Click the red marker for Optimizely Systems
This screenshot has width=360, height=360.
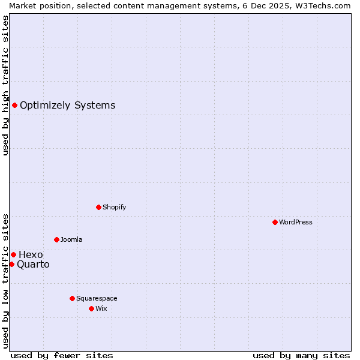coord(14,106)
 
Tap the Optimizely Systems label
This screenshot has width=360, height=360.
coord(67,106)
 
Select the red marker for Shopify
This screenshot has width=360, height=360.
coord(98,207)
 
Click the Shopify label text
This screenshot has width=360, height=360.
coord(114,208)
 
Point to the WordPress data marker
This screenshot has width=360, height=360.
coord(275,222)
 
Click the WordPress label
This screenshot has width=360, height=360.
coord(296,223)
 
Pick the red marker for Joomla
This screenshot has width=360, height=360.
coord(56,239)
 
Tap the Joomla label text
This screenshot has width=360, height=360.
coord(71,240)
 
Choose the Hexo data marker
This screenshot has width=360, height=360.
coord(13,254)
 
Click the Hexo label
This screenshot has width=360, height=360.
coord(31,255)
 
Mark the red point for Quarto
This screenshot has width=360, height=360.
coord(11,264)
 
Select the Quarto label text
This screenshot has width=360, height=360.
coord(33,265)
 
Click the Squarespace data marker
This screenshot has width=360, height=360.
coord(72,298)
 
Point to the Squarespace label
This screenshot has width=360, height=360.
coord(97,299)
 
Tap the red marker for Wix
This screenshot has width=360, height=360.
coord(91,308)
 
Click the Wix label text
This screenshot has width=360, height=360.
coord(101,309)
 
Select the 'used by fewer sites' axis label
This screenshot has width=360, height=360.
coord(62,355)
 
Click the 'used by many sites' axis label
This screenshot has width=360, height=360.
coord(301,355)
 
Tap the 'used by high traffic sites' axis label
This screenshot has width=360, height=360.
coord(5,85)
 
